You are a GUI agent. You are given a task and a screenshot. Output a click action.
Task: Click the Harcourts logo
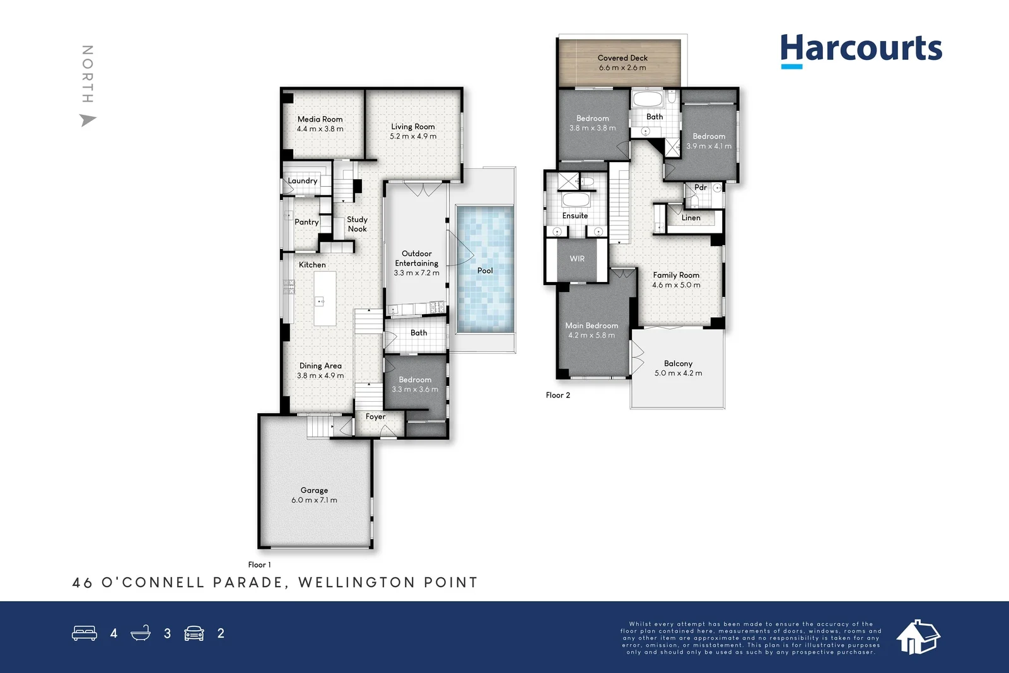tap(861, 49)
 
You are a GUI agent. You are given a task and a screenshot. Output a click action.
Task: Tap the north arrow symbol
tap(88, 120)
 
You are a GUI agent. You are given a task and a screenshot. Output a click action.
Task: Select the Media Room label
tap(320, 119)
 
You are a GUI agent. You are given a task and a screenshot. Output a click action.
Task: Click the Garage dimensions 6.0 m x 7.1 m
tap(314, 500)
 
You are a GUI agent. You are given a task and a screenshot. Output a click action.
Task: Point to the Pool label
tap(485, 271)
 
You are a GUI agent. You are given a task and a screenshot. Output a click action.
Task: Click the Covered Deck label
tap(622, 58)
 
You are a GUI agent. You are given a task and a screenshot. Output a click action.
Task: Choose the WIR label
tap(577, 259)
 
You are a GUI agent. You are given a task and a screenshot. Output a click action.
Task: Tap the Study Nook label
tap(357, 224)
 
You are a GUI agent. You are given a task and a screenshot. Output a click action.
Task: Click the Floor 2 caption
tap(557, 395)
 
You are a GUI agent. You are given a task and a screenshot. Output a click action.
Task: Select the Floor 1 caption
tap(259, 565)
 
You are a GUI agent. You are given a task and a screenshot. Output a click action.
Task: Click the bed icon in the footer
tap(85, 633)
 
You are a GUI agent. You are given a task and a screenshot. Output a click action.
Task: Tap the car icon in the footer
tap(194, 633)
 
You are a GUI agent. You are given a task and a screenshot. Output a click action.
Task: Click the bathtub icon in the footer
tap(141, 633)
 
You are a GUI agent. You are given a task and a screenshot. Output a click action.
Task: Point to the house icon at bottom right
tap(918, 636)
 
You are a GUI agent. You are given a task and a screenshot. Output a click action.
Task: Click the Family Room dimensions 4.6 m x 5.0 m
tap(676, 285)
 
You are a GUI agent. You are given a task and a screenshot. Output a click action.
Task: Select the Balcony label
tap(678, 363)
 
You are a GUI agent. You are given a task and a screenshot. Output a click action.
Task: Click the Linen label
tap(691, 218)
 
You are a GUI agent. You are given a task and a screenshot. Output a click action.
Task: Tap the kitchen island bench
tap(325, 299)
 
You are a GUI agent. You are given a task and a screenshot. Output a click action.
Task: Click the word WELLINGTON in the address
tap(356, 582)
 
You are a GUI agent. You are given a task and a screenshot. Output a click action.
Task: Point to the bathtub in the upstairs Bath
tap(647, 99)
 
